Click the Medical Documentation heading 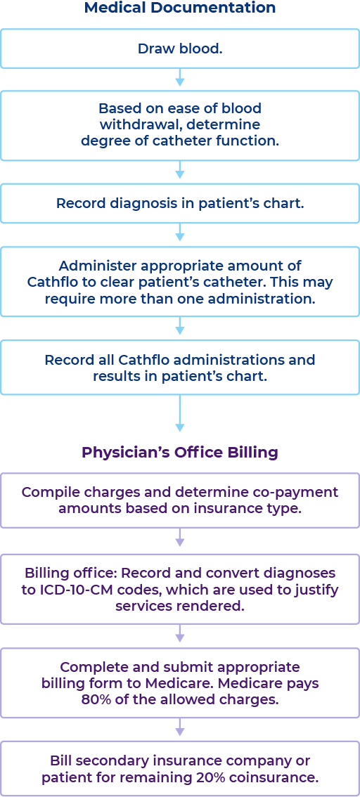click(180, 8)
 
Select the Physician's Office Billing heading click(180, 452)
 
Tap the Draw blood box click(180, 48)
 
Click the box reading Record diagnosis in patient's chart click(180, 204)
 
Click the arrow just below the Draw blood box click(180, 78)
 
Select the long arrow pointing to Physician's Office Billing click(180, 415)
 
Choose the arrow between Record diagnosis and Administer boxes click(180, 234)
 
